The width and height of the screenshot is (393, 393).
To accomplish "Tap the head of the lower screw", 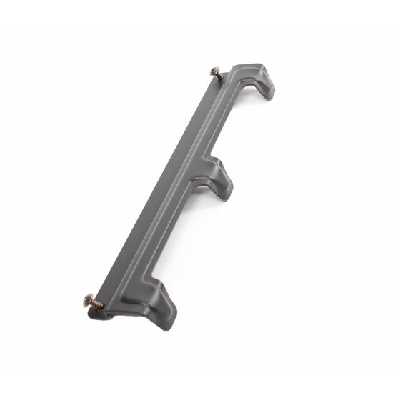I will coord(89,299).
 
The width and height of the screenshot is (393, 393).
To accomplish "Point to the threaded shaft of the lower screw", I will coord(97,304).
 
